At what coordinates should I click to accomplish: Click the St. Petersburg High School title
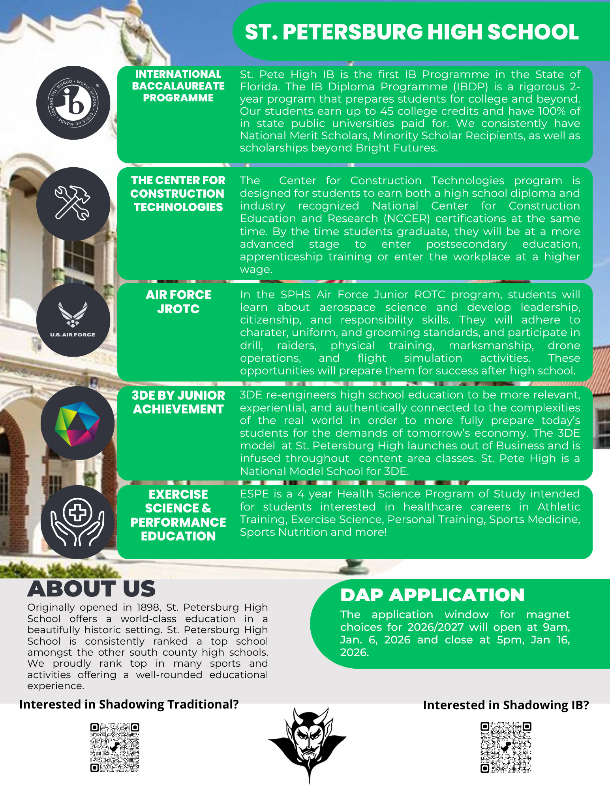tap(411, 32)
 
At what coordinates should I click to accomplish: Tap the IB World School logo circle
tap(73, 103)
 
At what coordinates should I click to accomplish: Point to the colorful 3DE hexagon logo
tap(77, 424)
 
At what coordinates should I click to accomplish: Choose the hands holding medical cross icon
tap(77, 522)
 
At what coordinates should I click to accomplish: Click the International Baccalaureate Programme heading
tap(178, 86)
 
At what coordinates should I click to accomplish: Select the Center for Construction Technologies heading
tap(178, 194)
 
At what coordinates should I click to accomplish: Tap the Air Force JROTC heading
tap(178, 302)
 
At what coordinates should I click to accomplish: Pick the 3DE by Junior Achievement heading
tap(178, 402)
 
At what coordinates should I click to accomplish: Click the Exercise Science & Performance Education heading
tap(178, 515)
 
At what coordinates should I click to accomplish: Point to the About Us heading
tap(91, 589)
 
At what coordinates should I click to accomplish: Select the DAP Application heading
tap(432, 595)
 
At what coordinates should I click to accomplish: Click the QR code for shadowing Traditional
tap(114, 747)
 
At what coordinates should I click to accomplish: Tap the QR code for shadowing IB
tap(506, 747)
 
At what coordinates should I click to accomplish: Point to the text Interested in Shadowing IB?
tap(506, 705)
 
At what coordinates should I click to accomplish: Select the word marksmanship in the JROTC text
tap(491, 346)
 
